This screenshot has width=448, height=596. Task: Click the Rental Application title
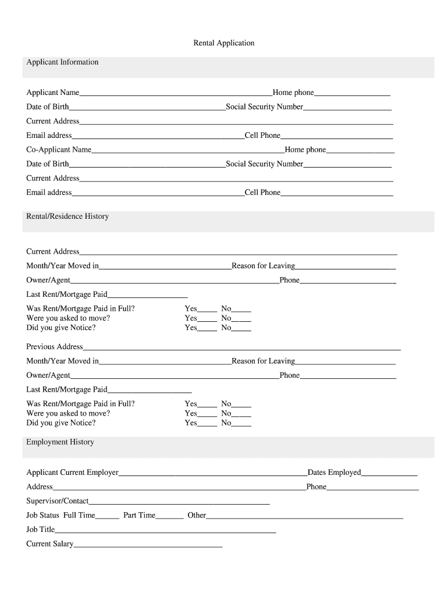click(223, 43)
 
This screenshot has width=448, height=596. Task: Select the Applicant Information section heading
click(62, 62)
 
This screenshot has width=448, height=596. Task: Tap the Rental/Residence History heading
click(67, 217)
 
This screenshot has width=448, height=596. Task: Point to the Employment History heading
click(60, 442)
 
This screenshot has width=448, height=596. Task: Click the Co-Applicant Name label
click(59, 150)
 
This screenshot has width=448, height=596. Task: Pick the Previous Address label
click(55, 347)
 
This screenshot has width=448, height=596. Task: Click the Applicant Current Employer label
click(72, 473)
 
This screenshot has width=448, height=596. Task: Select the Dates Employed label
click(334, 473)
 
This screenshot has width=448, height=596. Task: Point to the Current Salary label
click(50, 544)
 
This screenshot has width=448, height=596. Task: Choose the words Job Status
click(43, 516)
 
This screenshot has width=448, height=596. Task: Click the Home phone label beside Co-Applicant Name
click(305, 150)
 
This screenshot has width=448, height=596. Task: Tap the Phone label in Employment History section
click(317, 487)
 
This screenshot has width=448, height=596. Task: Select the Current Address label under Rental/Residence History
click(53, 252)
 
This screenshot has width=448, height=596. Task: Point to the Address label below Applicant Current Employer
click(40, 487)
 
